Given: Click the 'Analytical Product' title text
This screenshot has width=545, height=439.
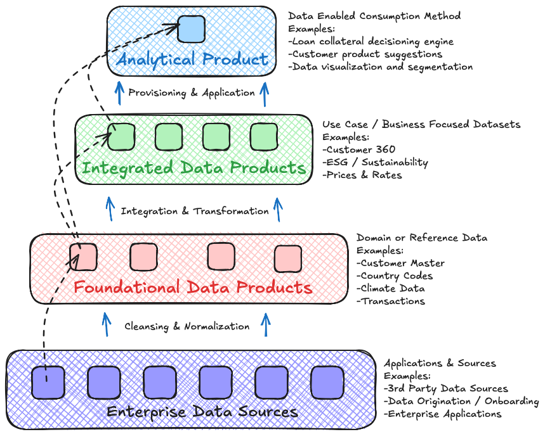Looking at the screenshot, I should coord(192,60).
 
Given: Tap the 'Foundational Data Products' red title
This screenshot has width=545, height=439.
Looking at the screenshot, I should coord(193,287).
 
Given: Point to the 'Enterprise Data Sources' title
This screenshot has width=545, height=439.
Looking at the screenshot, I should coord(202,412).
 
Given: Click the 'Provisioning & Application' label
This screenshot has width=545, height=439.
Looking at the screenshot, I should coord(192,92).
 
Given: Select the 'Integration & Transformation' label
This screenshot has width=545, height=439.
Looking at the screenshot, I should coord(195,211).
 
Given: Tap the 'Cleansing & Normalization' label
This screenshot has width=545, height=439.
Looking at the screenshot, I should coord(187,326).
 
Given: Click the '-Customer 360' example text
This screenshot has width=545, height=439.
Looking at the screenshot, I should coord(359,150).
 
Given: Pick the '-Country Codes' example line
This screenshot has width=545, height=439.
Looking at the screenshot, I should coord(395,276).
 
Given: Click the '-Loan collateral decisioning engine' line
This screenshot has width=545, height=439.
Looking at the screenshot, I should coord(371,41).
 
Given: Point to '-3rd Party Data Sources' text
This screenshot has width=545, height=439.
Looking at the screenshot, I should coord(446,388).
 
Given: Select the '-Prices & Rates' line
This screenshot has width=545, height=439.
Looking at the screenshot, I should coord(362,175).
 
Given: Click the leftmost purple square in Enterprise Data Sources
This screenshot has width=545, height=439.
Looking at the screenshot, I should coord(48,382).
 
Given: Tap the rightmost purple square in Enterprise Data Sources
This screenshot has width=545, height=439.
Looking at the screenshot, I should coord(327,382).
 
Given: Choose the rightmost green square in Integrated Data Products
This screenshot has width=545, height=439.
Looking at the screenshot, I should coord(264,136).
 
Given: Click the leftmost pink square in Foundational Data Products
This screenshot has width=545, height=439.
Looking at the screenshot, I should coord(84,257).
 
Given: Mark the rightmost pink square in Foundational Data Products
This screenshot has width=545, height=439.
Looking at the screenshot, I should coord(287,258).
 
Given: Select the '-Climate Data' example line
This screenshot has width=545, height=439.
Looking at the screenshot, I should coord(391,288).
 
